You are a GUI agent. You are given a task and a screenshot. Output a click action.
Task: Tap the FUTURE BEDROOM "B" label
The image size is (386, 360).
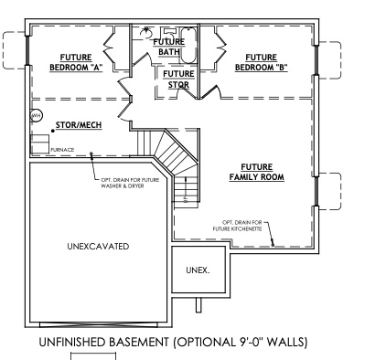pyautogui.click(x=261, y=60)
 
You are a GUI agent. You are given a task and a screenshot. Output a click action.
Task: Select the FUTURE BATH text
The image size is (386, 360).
pyautogui.click(x=169, y=47)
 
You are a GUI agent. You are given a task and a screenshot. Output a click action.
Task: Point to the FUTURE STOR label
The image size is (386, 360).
pyautogui.click(x=178, y=79)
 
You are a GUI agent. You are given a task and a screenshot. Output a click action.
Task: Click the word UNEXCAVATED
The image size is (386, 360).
pyautogui.click(x=98, y=247)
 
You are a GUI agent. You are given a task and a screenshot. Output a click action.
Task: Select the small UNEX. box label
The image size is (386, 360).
pyautogui.click(x=198, y=270)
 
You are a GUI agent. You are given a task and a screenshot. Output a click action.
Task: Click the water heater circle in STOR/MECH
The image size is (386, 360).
pyautogui.click(x=38, y=116)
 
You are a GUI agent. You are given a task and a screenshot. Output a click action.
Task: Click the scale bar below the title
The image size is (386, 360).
pyautogui.click(x=94, y=355)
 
